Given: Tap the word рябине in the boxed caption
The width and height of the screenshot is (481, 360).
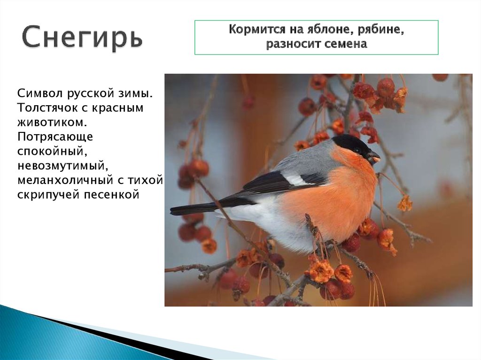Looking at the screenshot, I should tap(382, 30).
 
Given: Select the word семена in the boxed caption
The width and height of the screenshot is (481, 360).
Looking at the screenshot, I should tap(341, 44).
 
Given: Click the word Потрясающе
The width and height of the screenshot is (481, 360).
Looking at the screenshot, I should tap(55, 137).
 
